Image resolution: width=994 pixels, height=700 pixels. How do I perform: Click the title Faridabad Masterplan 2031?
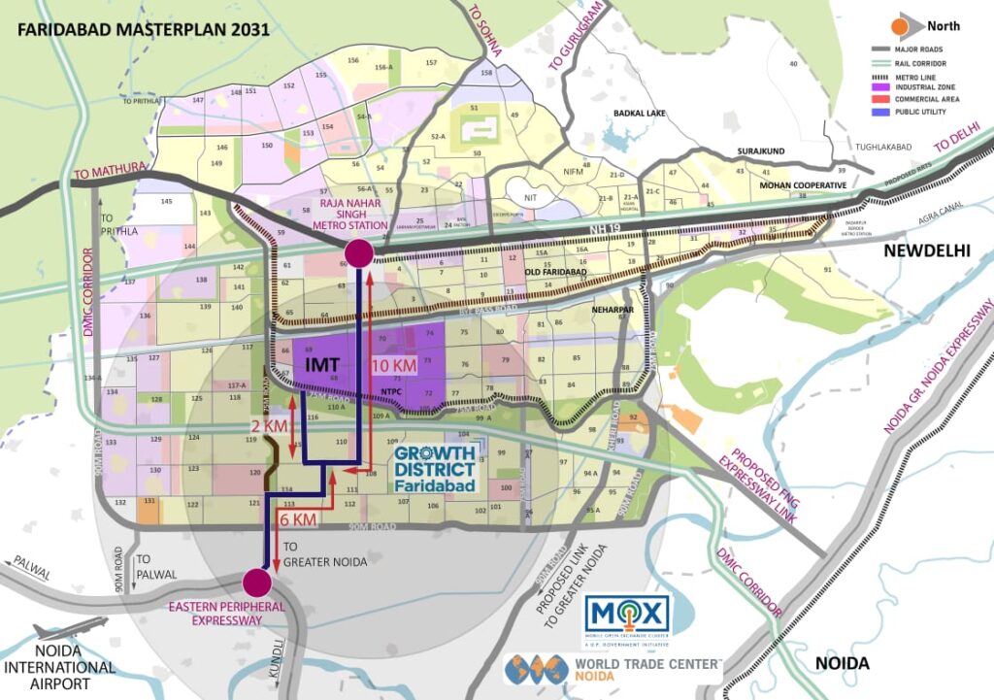(145, 28)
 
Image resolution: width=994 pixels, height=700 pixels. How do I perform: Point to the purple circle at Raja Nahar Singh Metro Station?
(358, 253)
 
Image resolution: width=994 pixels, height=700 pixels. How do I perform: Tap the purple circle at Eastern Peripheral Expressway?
(256, 583)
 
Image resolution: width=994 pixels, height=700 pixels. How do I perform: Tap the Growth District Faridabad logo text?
(434, 468)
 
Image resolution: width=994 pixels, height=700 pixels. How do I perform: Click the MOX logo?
(627, 615)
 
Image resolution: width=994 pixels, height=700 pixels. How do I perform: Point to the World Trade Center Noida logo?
(614, 669)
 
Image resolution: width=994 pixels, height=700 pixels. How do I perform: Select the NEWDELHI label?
(926, 250)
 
